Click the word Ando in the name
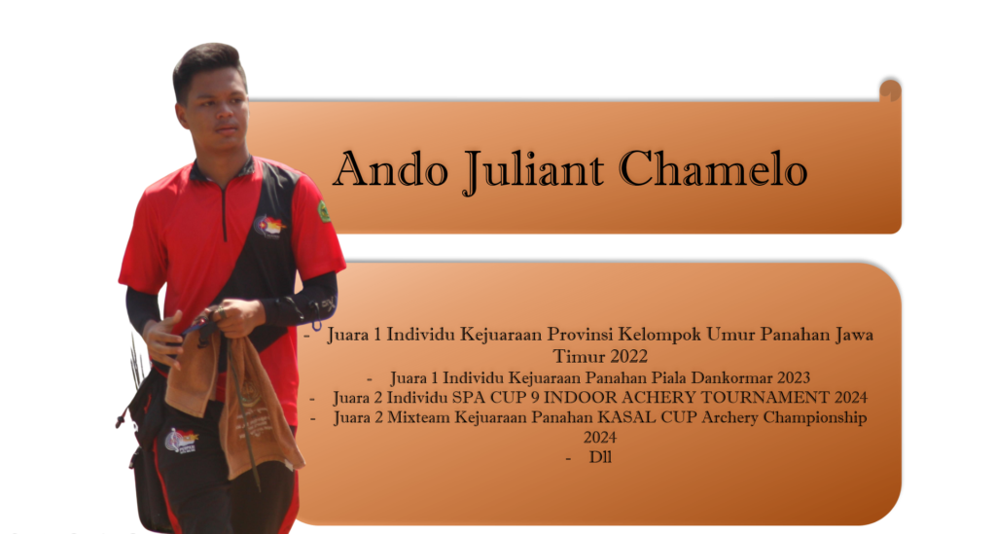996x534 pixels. (x=391, y=169)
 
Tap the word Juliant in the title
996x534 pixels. (x=534, y=171)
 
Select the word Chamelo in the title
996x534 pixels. (x=713, y=169)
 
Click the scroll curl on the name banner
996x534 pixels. (x=891, y=90)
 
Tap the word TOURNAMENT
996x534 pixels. (x=757, y=398)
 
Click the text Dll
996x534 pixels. (x=600, y=457)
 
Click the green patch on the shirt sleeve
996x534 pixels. (x=324, y=211)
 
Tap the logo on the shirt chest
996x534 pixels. (x=269, y=227)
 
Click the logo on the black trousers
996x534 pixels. (x=181, y=440)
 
